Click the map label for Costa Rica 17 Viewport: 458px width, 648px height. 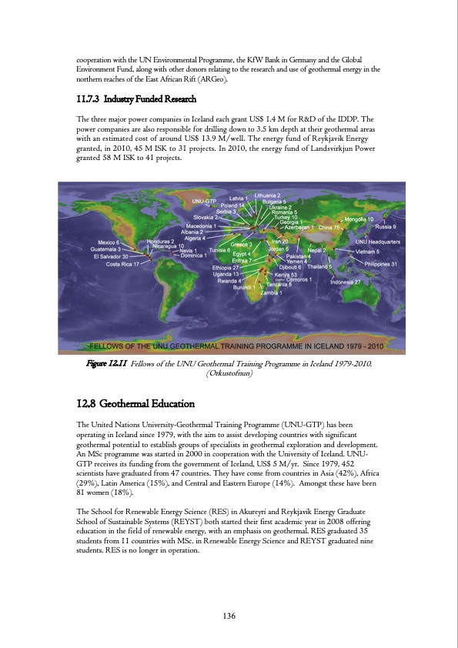(x=123, y=264)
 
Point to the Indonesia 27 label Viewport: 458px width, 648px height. (x=346, y=282)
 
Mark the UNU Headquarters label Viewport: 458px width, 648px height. (x=376, y=242)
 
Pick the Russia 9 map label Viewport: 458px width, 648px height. (x=385, y=227)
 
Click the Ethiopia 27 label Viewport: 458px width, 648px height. (x=226, y=267)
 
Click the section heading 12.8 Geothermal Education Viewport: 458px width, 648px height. (x=135, y=404)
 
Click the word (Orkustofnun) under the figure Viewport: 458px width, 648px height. (x=229, y=376)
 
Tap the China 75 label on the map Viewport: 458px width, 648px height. (x=329, y=228)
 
